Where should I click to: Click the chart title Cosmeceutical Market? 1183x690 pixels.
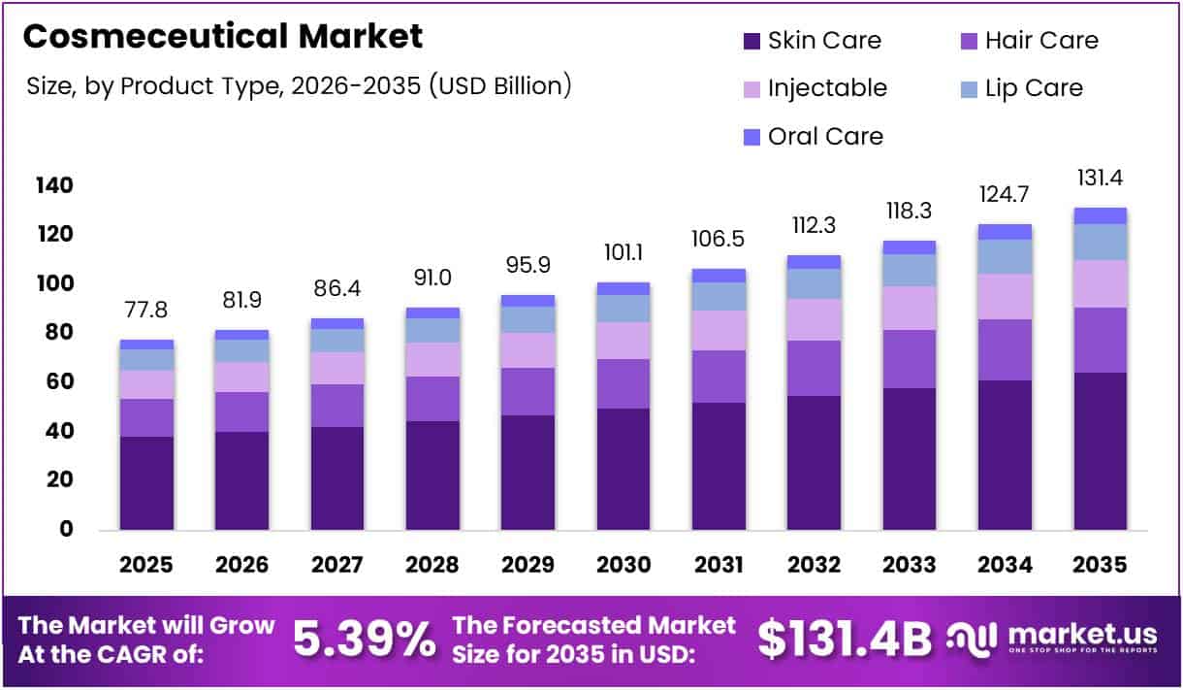223,37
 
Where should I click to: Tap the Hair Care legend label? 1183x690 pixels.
1041,41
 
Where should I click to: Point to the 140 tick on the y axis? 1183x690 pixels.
54,185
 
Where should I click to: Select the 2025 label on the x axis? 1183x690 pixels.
146,565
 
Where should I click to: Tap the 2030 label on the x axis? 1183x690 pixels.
623,565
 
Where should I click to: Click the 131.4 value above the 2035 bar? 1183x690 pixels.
1100,179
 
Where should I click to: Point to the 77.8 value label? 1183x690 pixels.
146,310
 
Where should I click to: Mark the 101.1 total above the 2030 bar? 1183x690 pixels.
623,252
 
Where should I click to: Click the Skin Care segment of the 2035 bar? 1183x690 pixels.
1100,451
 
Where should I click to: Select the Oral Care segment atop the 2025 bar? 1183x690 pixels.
146,345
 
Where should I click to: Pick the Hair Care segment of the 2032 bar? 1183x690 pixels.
814,368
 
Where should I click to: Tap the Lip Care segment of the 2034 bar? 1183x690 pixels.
1005,256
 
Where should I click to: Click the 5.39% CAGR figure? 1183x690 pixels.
364,640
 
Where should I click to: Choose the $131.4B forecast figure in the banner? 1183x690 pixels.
844,640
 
